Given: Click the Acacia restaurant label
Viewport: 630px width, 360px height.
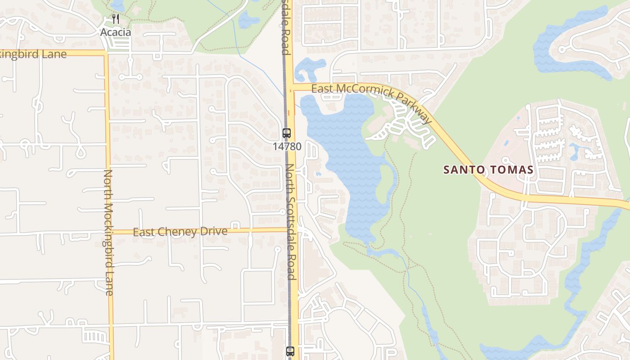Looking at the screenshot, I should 116,32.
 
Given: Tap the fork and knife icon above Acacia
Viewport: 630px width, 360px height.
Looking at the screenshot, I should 116,19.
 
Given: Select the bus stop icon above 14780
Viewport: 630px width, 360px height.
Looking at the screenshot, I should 287,133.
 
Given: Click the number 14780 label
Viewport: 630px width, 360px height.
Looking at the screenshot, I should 287,147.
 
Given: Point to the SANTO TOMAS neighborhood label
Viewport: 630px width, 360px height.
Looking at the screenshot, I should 488,170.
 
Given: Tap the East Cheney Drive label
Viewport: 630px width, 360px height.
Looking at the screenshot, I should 180,232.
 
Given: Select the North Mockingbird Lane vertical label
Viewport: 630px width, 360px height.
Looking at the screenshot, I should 108,232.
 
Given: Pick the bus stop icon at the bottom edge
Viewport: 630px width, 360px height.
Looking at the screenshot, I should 290,351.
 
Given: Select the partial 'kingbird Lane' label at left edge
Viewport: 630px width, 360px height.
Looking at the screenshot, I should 33,54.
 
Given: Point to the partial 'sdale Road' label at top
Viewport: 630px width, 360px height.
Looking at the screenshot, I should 285,27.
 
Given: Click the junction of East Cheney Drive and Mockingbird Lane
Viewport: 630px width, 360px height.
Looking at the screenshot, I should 110,232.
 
